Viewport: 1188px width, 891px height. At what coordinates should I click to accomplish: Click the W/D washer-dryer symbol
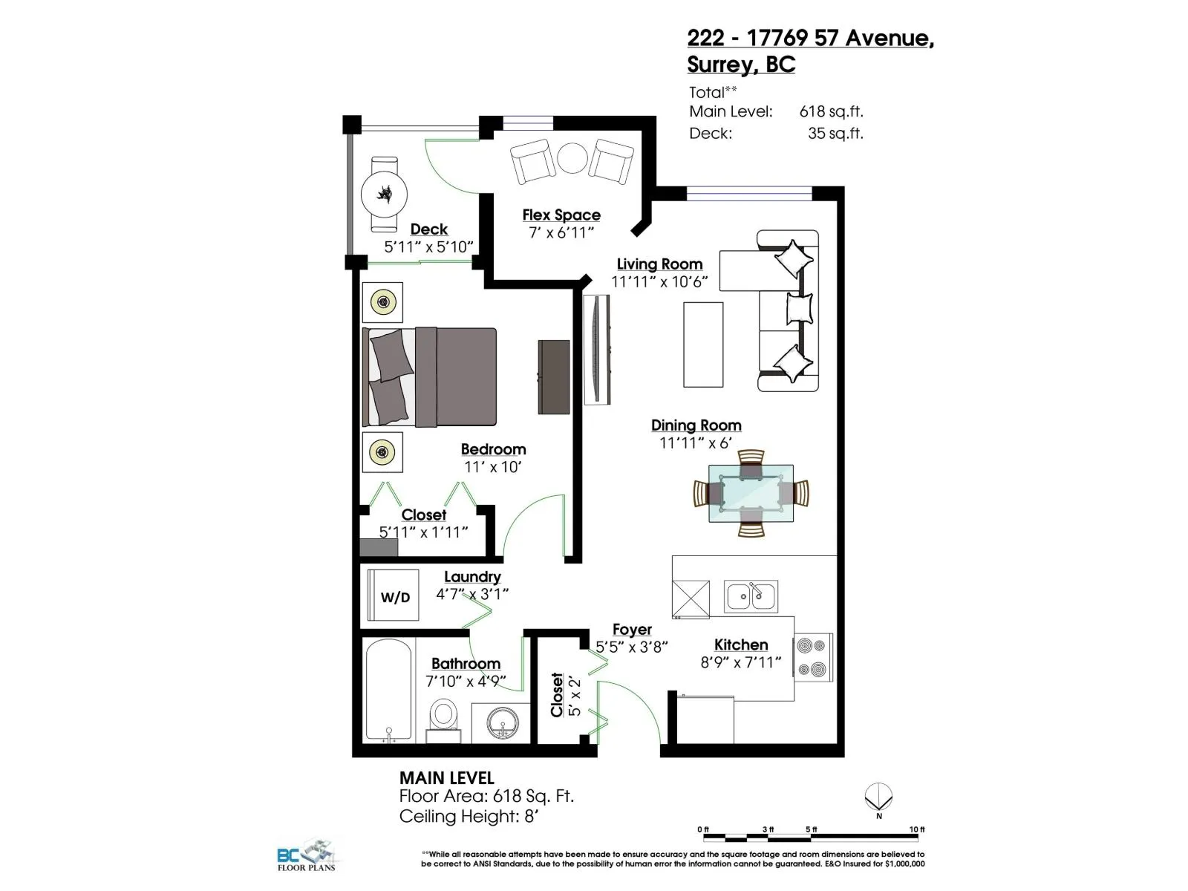click(393, 595)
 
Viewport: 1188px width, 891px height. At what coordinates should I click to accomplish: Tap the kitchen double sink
click(751, 596)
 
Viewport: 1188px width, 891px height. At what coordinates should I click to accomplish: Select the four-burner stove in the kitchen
click(813, 657)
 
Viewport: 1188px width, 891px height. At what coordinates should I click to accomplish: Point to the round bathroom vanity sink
click(502, 722)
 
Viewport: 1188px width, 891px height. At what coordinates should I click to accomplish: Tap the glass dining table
click(751, 493)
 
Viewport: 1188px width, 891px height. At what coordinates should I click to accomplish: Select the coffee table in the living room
click(703, 345)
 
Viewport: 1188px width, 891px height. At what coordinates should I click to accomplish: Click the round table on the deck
click(385, 195)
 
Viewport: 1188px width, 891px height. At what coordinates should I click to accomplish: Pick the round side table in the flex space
click(572, 157)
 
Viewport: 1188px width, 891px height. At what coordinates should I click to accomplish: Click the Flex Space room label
click(561, 215)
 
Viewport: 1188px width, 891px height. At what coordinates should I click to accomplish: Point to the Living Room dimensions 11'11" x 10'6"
click(659, 282)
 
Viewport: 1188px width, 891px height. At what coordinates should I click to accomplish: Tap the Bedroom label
click(493, 449)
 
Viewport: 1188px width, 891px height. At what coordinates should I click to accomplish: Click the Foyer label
click(632, 629)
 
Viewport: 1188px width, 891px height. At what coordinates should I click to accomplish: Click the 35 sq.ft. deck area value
click(835, 133)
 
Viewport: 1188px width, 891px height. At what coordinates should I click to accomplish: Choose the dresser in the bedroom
click(554, 377)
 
